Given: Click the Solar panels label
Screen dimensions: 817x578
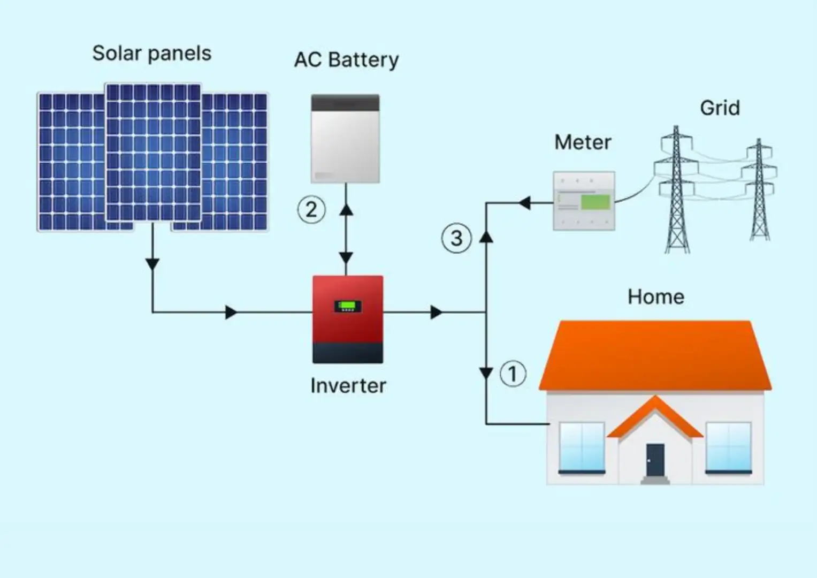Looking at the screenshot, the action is (x=152, y=54).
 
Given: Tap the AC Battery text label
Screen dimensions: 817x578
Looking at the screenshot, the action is (x=347, y=60).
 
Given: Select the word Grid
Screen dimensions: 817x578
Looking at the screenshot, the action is (x=720, y=108).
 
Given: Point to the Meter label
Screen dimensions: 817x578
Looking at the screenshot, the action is (x=583, y=142).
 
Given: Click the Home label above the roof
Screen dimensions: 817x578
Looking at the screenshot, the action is (x=656, y=296).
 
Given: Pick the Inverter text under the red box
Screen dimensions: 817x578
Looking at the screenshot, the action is (x=348, y=386).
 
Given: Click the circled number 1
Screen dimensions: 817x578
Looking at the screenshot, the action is (x=513, y=374).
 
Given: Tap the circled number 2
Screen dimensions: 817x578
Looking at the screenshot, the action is (x=311, y=210).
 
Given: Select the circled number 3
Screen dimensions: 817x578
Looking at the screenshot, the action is (x=456, y=238).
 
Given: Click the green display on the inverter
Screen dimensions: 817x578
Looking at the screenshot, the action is (x=348, y=306).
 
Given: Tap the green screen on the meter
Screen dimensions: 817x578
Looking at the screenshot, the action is (x=595, y=202).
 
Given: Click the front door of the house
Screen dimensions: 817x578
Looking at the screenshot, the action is (x=655, y=460).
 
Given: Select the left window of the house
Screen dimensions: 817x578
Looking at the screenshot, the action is (x=582, y=448).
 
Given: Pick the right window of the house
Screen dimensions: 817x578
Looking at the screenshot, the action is (x=728, y=448).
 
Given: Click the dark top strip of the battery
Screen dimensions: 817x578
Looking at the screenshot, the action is (x=345, y=103).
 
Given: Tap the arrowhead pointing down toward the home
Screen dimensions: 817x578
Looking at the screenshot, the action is (x=486, y=374).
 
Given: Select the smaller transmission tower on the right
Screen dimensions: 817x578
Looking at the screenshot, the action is (x=759, y=189).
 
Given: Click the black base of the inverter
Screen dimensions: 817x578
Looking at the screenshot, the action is (x=348, y=353).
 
